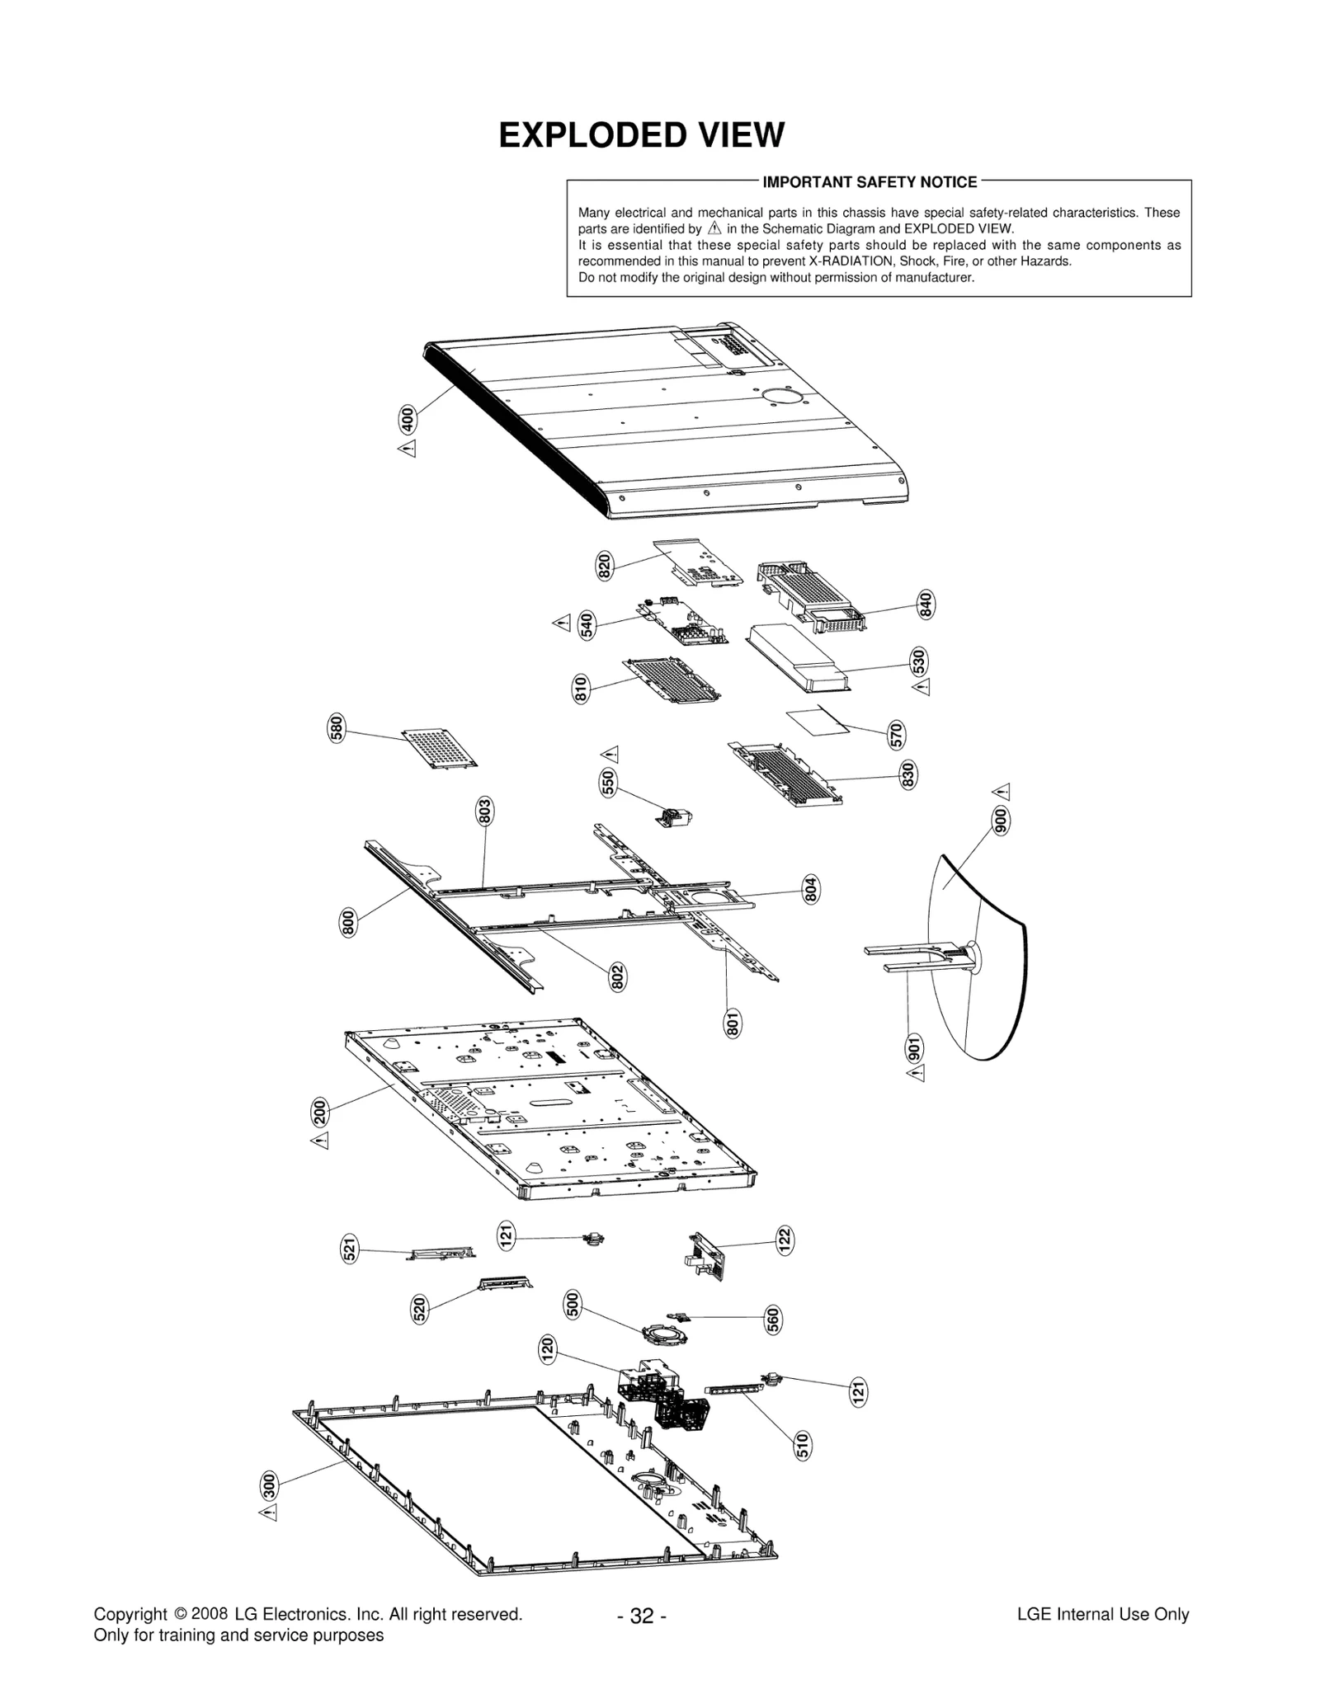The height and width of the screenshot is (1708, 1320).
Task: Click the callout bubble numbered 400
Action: tap(407, 419)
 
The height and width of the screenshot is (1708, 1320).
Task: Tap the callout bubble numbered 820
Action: tap(605, 567)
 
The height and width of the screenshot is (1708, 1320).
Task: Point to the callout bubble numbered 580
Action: tap(337, 729)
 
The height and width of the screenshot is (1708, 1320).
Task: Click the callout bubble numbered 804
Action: tap(811, 889)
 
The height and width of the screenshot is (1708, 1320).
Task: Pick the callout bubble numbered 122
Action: tap(785, 1240)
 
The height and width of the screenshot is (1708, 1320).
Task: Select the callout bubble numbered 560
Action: tap(773, 1320)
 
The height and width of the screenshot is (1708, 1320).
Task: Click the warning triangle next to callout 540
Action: tap(562, 623)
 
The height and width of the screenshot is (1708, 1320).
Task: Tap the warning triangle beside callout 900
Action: tap(1002, 792)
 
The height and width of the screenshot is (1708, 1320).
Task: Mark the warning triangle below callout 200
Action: tap(320, 1141)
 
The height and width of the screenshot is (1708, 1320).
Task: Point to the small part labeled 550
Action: tap(675, 816)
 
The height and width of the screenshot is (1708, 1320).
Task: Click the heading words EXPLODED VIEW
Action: tap(641, 135)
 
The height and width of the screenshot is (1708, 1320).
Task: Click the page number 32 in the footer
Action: tap(641, 1616)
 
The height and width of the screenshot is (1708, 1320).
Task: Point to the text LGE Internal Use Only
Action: tap(1102, 1614)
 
